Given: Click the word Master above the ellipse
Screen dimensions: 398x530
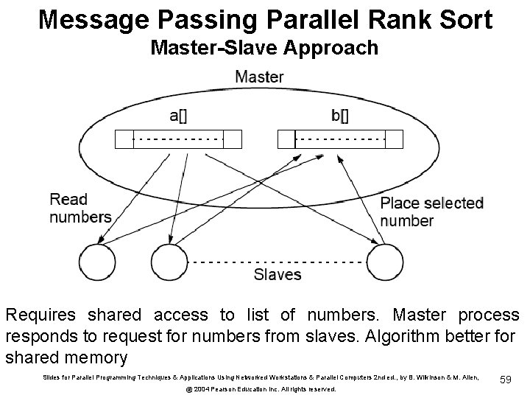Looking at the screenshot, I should click(259, 76).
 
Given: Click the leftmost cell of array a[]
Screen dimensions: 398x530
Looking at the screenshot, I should click(124, 139).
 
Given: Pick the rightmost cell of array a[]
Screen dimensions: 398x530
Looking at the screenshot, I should click(233, 139).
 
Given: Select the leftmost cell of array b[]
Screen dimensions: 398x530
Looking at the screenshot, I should click(285, 139).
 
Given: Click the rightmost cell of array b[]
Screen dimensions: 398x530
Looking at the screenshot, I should click(395, 139).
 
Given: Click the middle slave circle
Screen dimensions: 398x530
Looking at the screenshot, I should click(169, 262).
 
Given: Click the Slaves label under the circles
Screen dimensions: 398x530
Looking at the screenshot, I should click(277, 275).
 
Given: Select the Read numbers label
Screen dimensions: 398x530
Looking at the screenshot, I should click(79, 208).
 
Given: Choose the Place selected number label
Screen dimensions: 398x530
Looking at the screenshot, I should click(431, 212).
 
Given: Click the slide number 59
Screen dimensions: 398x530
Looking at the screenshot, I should click(506, 379).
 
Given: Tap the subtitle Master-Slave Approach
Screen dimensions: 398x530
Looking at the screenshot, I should click(264, 48).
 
